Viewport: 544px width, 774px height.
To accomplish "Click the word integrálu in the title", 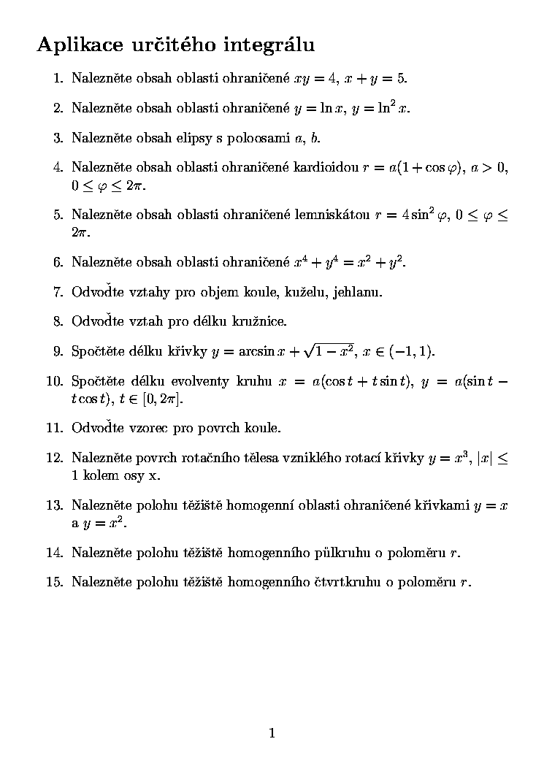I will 271,46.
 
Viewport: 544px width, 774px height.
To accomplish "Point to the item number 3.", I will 58,137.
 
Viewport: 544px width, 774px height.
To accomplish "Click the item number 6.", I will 58,262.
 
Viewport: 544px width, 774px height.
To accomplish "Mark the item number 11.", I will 55,428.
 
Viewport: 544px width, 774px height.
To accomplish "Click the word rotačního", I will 207,458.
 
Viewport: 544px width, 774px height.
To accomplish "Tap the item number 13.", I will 55,505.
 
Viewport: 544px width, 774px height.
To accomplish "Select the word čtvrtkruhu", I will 348,582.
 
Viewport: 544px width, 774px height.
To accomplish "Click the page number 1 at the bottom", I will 272,733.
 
